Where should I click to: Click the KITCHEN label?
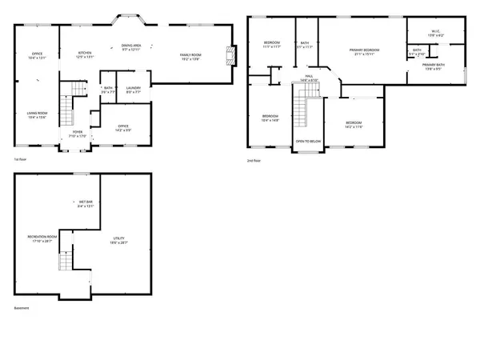pos(85,54)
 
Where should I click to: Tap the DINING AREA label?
pos(132,46)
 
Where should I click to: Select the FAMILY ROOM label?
pos(190,56)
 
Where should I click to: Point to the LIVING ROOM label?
pos(37,115)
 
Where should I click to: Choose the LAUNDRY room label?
pos(133,90)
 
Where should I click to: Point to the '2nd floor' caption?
pos(254,161)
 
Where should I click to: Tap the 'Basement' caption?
pos(22,307)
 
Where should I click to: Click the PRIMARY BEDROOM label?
pos(363,52)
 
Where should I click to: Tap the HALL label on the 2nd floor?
pos(310,79)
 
